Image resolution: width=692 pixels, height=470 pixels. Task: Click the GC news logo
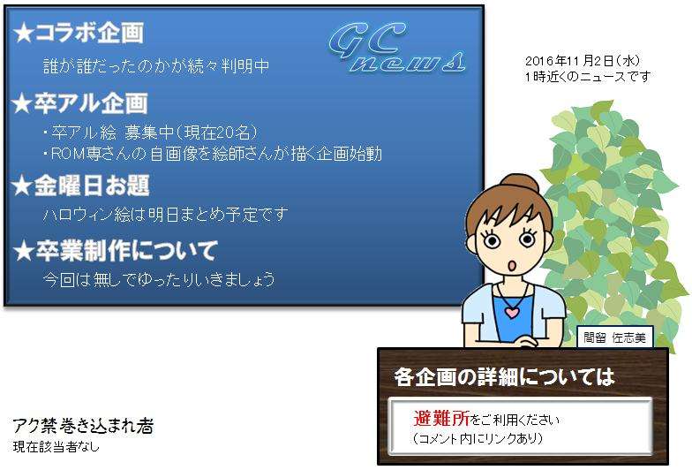coord(397,48)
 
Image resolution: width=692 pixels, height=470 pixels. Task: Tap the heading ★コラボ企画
coord(78,33)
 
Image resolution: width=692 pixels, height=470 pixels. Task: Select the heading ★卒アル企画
coord(79,102)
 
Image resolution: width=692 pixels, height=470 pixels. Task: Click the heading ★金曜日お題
coord(81,186)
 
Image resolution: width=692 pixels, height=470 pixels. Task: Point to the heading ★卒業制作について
coord(115,251)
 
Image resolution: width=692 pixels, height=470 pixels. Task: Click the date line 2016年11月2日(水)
coord(583,61)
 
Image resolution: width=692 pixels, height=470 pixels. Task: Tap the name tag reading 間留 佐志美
coord(614,337)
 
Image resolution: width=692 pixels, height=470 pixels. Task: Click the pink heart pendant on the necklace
coord(512,313)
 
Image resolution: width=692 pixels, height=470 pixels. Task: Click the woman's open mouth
coord(512,266)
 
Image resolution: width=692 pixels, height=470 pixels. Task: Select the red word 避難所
coord(441,418)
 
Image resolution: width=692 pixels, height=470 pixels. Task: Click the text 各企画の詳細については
coord(505,376)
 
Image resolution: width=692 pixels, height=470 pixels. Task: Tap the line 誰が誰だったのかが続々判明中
coord(156,66)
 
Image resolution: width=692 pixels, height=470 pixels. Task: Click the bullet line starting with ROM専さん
coord(212,154)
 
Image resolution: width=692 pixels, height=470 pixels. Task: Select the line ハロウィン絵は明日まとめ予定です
coord(166,215)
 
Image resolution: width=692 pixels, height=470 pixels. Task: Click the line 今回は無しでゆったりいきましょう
coord(159,279)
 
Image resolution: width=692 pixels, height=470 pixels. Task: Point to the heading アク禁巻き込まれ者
coord(83,426)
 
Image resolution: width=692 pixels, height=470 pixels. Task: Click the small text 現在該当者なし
coord(56,447)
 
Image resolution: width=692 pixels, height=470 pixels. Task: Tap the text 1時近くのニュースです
coord(588,76)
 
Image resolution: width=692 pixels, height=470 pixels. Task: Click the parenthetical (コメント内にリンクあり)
coord(478,438)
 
